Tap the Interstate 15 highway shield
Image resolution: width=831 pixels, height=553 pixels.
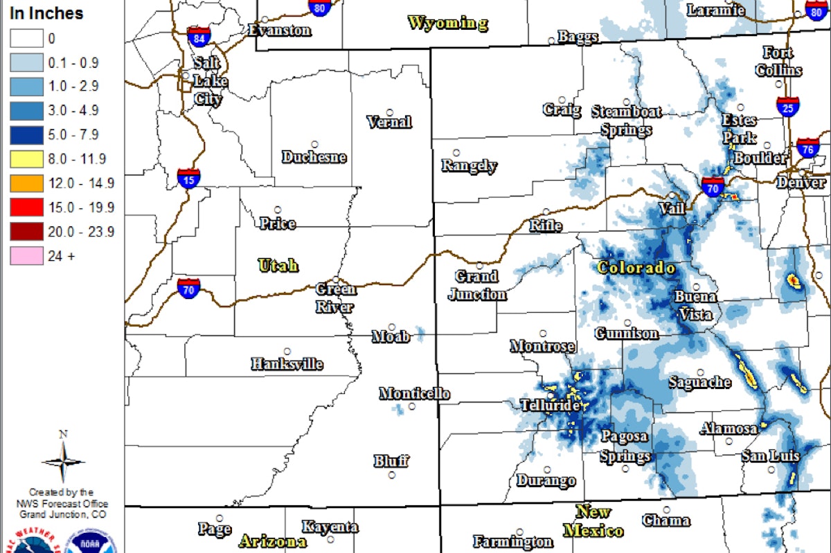pos(188,177)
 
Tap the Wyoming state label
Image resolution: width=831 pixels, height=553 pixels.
pos(447,23)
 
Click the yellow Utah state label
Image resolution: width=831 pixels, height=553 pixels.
pos(278,264)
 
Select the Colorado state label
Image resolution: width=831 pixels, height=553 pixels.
pos(636,268)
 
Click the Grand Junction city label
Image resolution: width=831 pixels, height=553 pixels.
pos(477,285)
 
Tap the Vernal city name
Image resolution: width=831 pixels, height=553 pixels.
pos(389,123)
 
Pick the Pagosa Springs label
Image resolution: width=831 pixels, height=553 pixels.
pos(625,446)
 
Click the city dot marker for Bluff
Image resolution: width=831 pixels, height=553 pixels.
pos(392,475)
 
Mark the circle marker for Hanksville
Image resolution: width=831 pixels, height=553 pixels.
pos(287,352)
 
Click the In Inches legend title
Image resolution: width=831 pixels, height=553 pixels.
pos(46,13)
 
